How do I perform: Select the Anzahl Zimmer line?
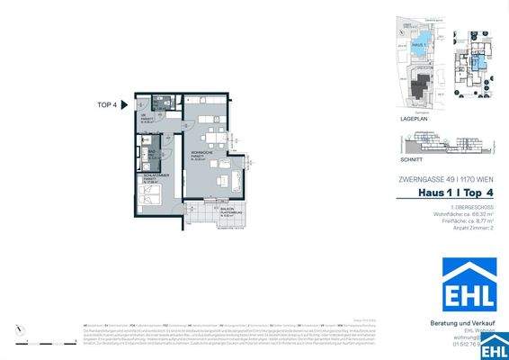[474, 229]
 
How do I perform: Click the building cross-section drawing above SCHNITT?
[445, 144]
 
